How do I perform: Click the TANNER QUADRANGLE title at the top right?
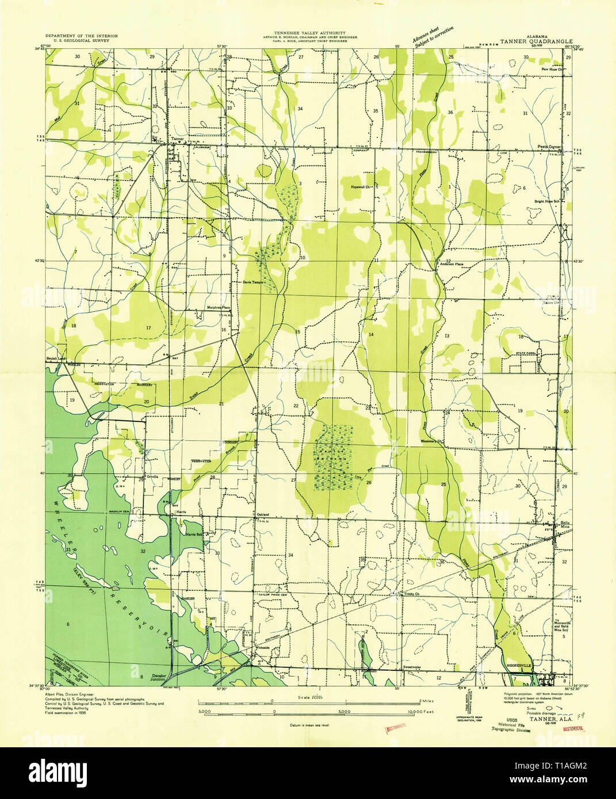coord(536,41)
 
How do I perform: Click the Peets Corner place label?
coord(549,147)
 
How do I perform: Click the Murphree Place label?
coord(219,308)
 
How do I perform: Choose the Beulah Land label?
coord(56,358)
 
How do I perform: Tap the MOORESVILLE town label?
coord(519,667)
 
